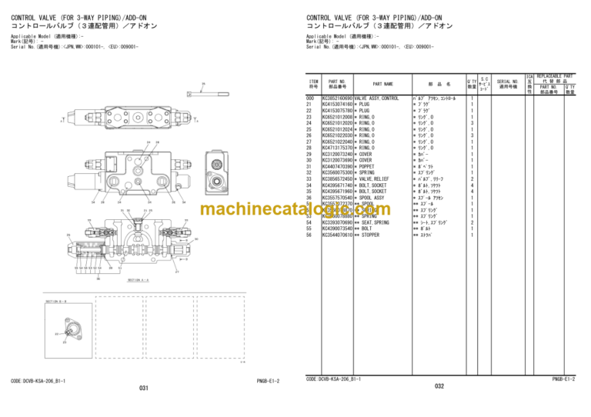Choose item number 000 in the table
click(x=311, y=98)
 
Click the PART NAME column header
click(x=382, y=84)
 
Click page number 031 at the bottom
click(x=143, y=388)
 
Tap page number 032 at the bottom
click(x=439, y=387)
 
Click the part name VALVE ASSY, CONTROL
click(x=376, y=98)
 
